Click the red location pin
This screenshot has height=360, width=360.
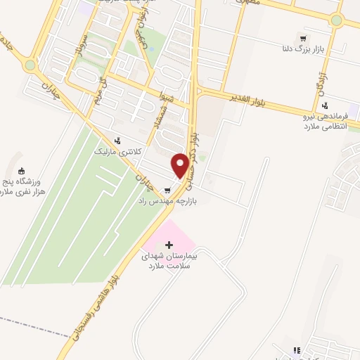[x=181, y=165]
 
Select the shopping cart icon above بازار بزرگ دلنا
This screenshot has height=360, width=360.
[x=302, y=39]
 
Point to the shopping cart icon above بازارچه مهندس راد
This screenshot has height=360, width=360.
[x=167, y=190]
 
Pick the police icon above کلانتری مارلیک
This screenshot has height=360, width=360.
[x=117, y=139]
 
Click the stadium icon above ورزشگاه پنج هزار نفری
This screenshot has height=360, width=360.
[x=20, y=170]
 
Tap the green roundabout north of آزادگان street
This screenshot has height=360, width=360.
[x=336, y=20]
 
